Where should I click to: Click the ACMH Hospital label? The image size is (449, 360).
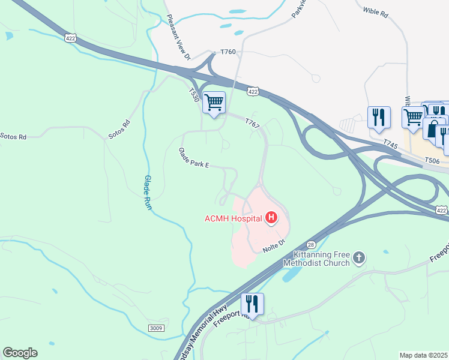coord(234,218)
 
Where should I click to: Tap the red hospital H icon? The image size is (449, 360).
coord(271,218)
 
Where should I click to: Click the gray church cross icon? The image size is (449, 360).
coord(359,257)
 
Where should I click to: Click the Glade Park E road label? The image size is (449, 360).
coord(193,159)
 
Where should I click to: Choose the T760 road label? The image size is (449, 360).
coord(228,52)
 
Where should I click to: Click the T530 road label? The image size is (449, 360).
coord(193,96)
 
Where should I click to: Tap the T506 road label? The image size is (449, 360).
coord(431,160)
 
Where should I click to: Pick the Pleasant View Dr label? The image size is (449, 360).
coord(178,37)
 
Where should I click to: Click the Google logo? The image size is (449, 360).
coord(20,353)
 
